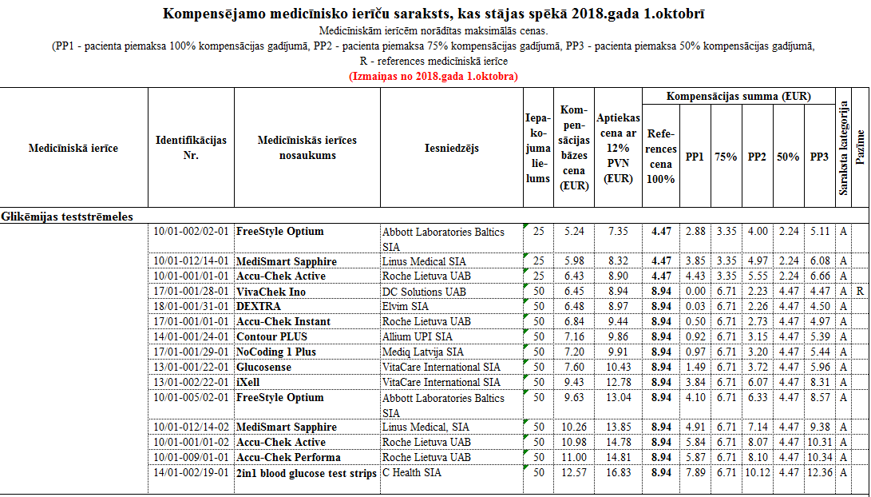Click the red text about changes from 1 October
pos(434,77)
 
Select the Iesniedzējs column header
pos(451,148)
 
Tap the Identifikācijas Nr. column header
pos(191,148)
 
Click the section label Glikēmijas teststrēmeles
pos(67,216)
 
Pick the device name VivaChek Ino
pos(271,292)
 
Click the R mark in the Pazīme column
pos(859,292)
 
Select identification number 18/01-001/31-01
pos(191,307)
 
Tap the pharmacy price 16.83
pos(617,473)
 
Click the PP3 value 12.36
pos(819,473)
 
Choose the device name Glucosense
pos(263,368)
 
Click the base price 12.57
pos(574,473)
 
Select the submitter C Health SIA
pos(412,473)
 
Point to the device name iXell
pos(248,383)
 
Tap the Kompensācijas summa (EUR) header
pos(738,97)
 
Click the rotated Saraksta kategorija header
pos(843,148)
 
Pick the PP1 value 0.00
pos(695,292)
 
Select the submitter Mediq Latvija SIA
pos(422,352)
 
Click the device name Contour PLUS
pos(271,337)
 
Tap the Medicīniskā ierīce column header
pos(73,148)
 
